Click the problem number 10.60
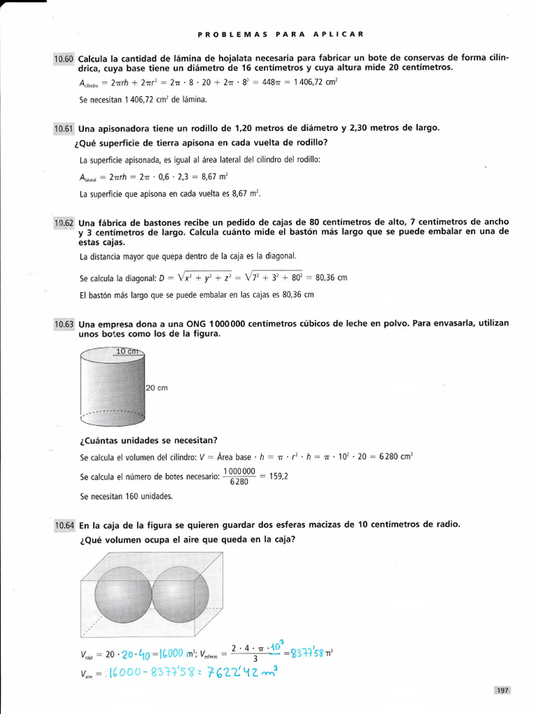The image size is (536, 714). coord(64,59)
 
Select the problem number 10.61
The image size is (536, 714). coord(64,129)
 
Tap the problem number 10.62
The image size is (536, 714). coord(64,223)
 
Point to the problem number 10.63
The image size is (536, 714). coord(64,324)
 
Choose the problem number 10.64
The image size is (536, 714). coord(64,525)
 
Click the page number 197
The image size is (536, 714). coord(502,690)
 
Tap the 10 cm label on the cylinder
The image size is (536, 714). coord(128,351)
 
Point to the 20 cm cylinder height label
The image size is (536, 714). coord(157,388)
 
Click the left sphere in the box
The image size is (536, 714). coord(123,593)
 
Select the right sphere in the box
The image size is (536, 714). coord(180,593)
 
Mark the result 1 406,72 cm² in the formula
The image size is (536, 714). coord(306,82)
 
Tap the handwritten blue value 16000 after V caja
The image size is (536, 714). coord(161,653)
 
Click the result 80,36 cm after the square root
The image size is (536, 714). coord(332,278)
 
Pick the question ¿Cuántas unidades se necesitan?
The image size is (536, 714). coord(148,439)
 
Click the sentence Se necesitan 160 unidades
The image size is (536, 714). coord(126,496)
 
